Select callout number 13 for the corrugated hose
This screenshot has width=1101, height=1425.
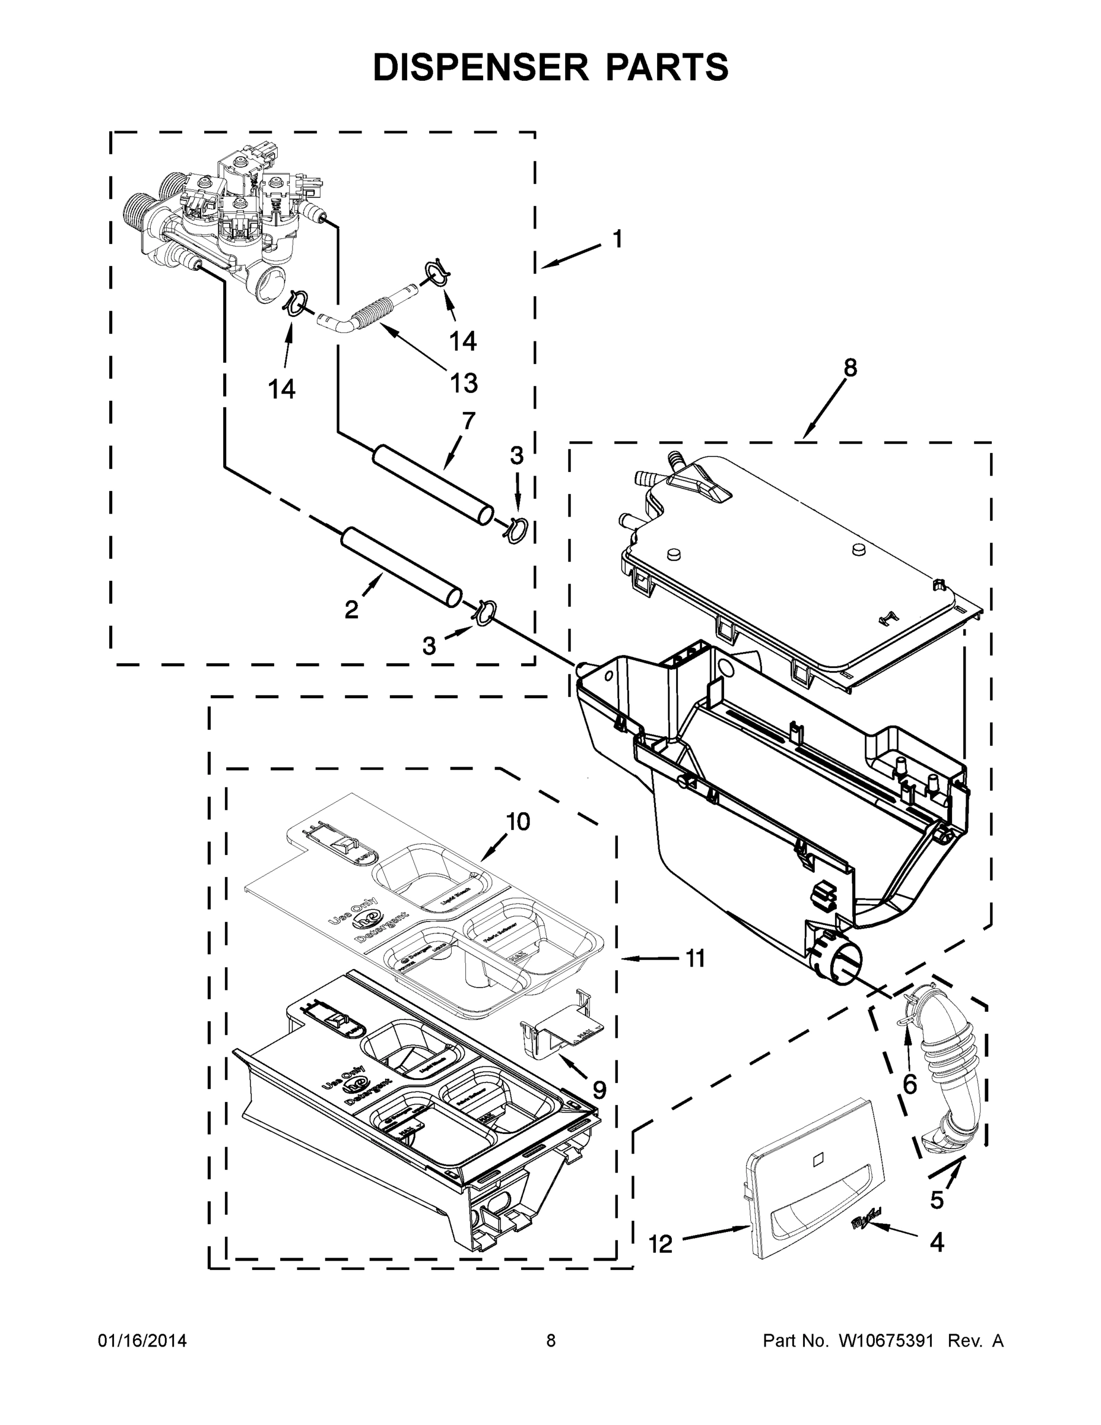[x=464, y=383]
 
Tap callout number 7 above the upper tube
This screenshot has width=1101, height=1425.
[x=468, y=420]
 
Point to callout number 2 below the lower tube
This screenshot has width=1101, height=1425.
[x=351, y=610]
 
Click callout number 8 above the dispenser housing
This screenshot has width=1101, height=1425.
[x=850, y=368]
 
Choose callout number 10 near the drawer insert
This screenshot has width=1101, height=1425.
[x=519, y=822]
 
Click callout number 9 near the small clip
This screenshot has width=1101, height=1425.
[x=599, y=1089]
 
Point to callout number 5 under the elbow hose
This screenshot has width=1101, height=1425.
[x=937, y=1199]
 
